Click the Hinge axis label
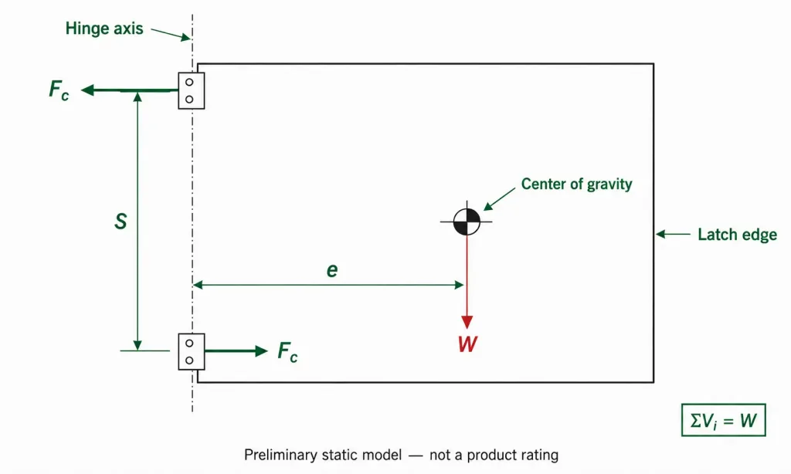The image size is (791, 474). (x=104, y=29)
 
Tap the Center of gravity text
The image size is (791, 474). (x=576, y=184)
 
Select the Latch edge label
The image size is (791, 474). (x=737, y=235)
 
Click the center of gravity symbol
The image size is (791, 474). (x=467, y=222)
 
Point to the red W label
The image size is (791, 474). (x=467, y=344)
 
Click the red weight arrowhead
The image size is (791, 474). (x=467, y=322)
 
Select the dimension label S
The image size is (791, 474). (x=121, y=222)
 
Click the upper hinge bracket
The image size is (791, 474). (x=192, y=91)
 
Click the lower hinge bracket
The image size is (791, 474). (x=192, y=351)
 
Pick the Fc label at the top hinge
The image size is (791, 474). (x=59, y=90)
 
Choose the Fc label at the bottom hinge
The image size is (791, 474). (x=287, y=351)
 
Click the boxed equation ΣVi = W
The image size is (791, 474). (x=723, y=420)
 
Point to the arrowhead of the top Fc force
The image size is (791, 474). (x=87, y=90)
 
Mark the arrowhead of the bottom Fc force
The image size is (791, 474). (x=261, y=351)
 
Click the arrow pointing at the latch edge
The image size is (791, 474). (x=673, y=234)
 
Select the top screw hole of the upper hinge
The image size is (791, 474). (x=189, y=82)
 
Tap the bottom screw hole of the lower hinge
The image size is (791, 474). (x=189, y=361)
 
